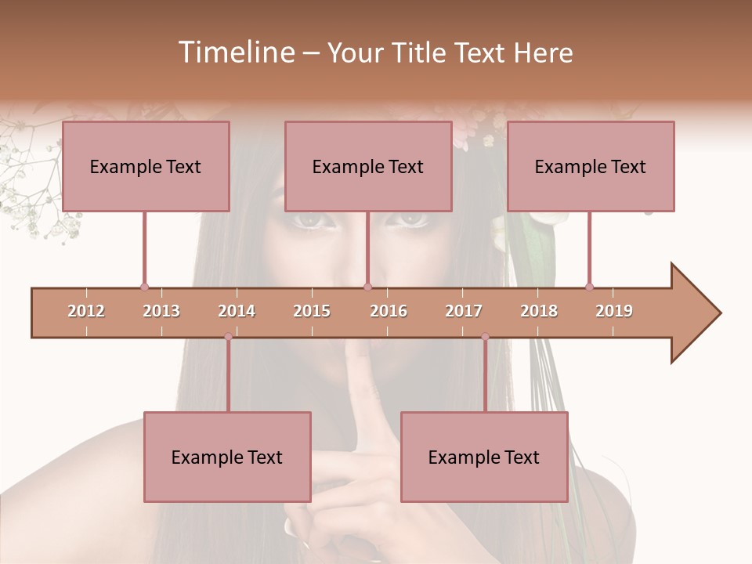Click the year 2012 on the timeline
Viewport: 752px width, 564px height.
point(86,311)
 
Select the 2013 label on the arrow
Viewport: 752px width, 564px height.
point(161,311)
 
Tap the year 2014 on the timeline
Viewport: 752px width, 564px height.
point(237,311)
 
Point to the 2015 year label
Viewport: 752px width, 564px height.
point(312,311)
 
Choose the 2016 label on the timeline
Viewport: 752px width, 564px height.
point(389,311)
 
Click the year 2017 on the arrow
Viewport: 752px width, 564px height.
point(464,311)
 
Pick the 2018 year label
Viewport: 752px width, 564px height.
point(539,311)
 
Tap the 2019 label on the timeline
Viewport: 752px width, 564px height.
point(614,311)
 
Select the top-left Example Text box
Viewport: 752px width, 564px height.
point(146,166)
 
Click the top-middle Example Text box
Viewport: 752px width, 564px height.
point(368,166)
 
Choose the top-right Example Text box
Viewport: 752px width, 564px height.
point(591,166)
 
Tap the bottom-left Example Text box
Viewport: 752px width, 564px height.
point(227,457)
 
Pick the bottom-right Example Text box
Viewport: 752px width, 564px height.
point(484,457)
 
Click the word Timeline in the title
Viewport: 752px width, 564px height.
point(235,52)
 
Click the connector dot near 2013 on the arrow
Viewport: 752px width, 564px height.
point(144,287)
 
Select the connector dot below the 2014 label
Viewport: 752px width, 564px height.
point(228,337)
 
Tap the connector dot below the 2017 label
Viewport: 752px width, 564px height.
point(485,337)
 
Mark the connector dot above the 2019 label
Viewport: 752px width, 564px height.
point(589,287)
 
